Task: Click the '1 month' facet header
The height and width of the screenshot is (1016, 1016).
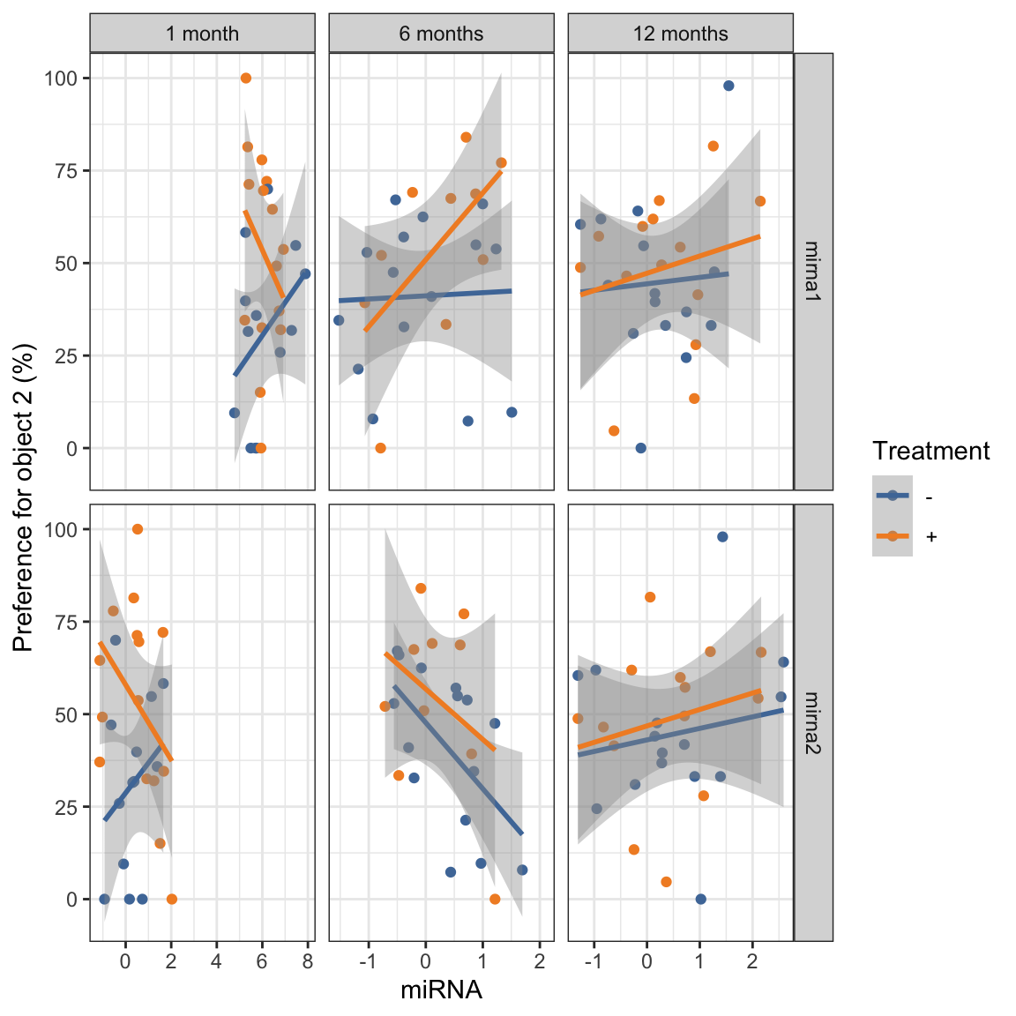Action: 202,34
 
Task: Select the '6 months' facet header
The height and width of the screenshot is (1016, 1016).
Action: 441,34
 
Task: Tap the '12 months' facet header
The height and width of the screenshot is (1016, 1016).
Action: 680,34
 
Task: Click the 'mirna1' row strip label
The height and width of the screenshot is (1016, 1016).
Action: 813,271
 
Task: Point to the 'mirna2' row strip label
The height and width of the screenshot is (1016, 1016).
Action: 813,722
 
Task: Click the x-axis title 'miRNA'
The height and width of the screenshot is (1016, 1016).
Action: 441,990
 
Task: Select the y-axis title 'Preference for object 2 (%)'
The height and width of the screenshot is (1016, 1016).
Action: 24,497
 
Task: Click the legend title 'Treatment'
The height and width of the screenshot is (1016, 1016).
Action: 930,452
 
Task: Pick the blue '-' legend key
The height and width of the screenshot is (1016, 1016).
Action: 893,496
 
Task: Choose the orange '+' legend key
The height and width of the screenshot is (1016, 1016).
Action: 893,536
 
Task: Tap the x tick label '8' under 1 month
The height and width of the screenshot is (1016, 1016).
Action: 307,961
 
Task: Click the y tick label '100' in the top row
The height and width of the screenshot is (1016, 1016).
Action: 61,78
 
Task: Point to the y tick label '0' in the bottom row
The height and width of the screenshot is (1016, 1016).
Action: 73,900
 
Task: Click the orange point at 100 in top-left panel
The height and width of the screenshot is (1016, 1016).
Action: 246,78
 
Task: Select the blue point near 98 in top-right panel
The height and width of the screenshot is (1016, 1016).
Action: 728,86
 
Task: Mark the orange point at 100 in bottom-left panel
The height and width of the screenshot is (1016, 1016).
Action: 138,529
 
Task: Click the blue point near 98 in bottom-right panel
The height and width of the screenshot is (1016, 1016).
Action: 722,537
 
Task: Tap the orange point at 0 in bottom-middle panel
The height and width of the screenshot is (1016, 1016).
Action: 495,900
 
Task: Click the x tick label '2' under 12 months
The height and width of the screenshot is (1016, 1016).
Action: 752,961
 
